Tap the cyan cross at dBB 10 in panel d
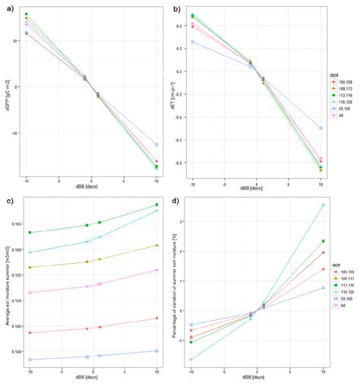(x=324, y=205)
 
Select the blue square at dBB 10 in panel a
(x=156, y=144)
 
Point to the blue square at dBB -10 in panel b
(x=192, y=42)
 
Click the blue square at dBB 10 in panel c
(x=156, y=351)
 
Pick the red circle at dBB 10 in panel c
(x=156, y=318)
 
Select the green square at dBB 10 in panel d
(x=324, y=241)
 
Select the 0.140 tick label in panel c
(x=14, y=351)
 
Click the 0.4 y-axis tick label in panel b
(x=179, y=26)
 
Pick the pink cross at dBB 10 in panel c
(x=156, y=270)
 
